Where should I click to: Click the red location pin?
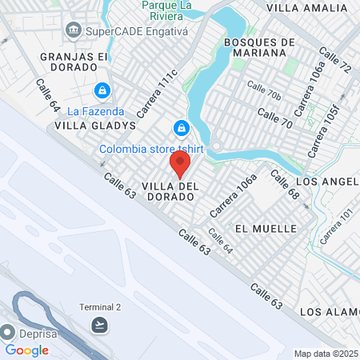pyautogui.click(x=180, y=165)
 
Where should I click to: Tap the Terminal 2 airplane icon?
pyautogui.click(x=99, y=324)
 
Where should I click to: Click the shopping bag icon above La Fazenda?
pyautogui.click(x=102, y=90)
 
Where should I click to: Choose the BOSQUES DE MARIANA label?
pyautogui.click(x=255, y=47)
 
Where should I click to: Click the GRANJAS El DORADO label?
pyautogui.click(x=73, y=63)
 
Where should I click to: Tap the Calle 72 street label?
pyautogui.click(x=334, y=62)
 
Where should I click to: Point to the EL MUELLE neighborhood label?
pyautogui.click(x=266, y=228)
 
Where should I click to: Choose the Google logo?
pyautogui.click(x=27, y=350)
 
